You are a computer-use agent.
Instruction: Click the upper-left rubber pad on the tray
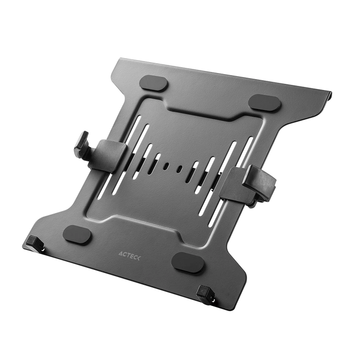click(154, 83)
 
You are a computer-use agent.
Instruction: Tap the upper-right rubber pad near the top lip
click(265, 102)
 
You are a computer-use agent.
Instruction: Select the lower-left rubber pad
click(77, 235)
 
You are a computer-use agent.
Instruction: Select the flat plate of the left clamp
click(111, 155)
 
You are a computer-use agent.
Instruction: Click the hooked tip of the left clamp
click(82, 140)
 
